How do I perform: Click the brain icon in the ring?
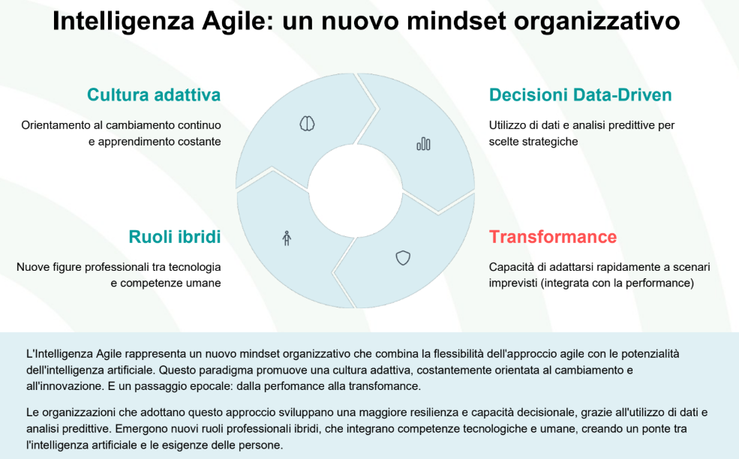tap(308, 124)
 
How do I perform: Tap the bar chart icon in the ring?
tap(423, 144)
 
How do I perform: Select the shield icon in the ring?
tap(403, 258)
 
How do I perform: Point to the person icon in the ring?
tap(287, 238)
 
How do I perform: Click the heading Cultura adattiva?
tap(154, 94)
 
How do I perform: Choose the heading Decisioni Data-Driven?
tap(580, 94)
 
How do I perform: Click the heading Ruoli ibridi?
tap(174, 236)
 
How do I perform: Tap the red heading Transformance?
tap(553, 236)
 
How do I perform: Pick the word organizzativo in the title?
tap(597, 21)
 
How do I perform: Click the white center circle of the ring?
tap(355, 190)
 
